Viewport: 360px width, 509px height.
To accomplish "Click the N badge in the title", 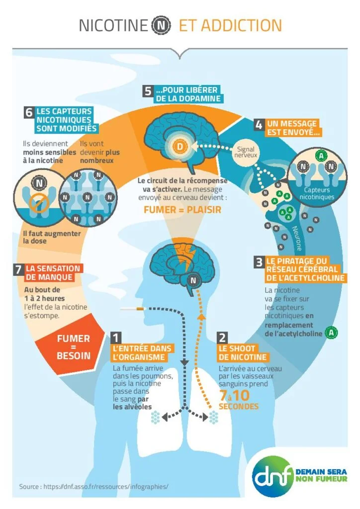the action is click(x=161, y=25).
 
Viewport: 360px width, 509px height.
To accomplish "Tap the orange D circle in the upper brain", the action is click(x=180, y=147).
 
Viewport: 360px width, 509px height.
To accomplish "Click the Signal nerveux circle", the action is click(x=246, y=152).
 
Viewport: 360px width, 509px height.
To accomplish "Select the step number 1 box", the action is click(x=116, y=338).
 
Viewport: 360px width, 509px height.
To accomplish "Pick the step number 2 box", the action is click(x=222, y=338).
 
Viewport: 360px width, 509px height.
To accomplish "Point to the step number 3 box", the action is click(x=259, y=262).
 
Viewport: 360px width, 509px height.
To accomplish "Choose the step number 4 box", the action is click(x=259, y=125).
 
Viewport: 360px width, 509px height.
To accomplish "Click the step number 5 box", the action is click(x=148, y=91).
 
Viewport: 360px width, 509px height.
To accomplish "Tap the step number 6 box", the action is click(x=29, y=112).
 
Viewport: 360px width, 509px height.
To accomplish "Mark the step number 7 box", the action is click(x=18, y=269).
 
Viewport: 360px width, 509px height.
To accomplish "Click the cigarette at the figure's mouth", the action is click(x=132, y=309).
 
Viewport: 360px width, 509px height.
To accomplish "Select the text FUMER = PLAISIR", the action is click(x=182, y=210).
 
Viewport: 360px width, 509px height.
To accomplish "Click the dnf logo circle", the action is click(x=273, y=476).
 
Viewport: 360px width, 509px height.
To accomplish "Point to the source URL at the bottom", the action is click(x=94, y=486).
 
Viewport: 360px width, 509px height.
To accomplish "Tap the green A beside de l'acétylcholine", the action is click(x=332, y=333).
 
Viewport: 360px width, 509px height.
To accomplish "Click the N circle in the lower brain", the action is click(x=193, y=280).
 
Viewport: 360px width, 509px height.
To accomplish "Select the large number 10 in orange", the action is click(x=241, y=395).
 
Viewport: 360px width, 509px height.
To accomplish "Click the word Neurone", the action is click(x=297, y=238).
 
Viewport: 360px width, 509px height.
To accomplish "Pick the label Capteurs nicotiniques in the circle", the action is click(x=317, y=193).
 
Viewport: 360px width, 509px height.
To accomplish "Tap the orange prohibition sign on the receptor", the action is click(x=39, y=203).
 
